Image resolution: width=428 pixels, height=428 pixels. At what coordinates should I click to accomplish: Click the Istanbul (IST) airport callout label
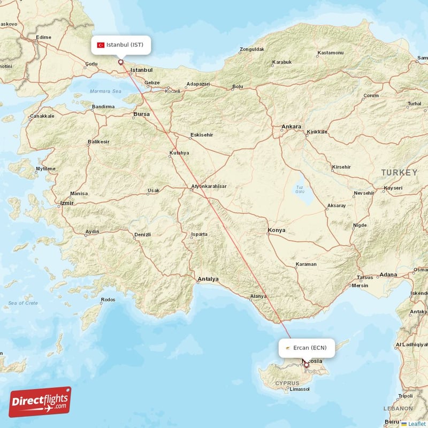(120, 45)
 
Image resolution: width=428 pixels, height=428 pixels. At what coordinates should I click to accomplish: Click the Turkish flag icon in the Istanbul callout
(100, 45)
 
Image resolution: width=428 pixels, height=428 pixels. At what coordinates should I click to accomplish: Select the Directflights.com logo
(40, 402)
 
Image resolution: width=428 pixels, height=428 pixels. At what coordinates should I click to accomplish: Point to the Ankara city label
(292, 127)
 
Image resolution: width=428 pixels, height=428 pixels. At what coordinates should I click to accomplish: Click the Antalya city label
(208, 279)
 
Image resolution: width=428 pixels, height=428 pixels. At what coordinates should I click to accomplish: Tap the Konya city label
(276, 230)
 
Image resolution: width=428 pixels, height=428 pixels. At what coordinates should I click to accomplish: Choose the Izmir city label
(66, 203)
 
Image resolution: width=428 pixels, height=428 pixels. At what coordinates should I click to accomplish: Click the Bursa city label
(142, 114)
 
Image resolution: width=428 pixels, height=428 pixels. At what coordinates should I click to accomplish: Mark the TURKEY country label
(399, 172)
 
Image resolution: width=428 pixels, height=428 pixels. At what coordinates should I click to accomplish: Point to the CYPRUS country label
(288, 384)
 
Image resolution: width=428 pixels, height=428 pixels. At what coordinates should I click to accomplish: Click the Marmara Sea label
(106, 91)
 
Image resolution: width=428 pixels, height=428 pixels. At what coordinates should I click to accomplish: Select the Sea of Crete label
(23, 303)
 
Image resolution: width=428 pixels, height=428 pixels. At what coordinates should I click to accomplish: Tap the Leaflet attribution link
(416, 424)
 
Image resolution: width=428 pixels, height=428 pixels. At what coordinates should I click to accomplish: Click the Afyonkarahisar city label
(209, 186)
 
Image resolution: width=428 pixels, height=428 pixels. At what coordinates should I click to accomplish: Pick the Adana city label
(388, 274)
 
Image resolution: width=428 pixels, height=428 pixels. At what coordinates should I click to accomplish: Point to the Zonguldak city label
(252, 49)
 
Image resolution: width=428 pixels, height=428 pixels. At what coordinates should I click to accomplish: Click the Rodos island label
(108, 300)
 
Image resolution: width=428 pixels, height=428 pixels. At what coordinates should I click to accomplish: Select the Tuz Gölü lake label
(300, 189)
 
